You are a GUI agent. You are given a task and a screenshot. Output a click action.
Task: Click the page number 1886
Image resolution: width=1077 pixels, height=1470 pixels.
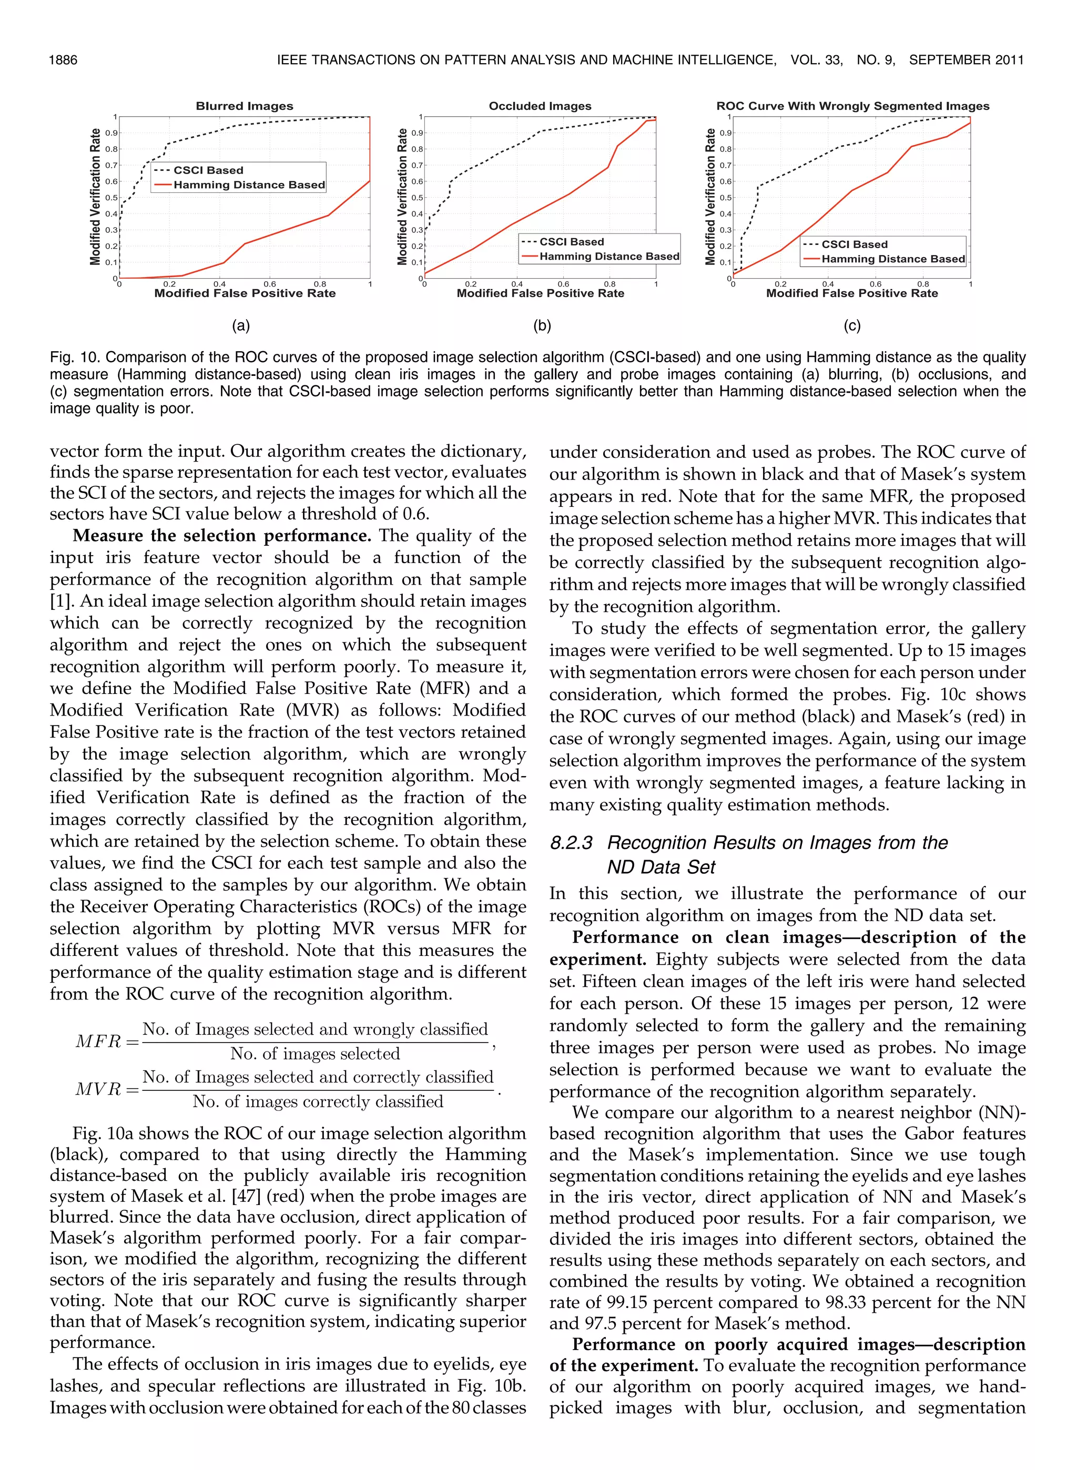(x=63, y=60)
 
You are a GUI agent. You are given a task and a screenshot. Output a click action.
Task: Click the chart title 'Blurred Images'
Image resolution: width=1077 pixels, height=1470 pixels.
(x=245, y=106)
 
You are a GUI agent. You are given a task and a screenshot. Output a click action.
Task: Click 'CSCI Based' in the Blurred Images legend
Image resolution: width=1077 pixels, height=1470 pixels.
(x=208, y=170)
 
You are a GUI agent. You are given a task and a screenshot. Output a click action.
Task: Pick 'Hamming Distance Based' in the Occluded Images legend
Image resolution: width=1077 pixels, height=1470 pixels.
(x=609, y=257)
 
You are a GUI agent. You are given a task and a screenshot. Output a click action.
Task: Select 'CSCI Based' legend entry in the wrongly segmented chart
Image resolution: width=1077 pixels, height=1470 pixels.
(x=854, y=244)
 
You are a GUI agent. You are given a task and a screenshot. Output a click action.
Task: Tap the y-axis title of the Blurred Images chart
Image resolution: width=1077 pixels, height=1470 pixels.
(x=96, y=197)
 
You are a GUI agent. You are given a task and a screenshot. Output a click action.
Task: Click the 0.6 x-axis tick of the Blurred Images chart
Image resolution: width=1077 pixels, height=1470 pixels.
(x=269, y=284)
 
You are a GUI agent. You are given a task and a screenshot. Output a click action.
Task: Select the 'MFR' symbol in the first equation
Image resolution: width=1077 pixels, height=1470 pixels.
(x=98, y=1041)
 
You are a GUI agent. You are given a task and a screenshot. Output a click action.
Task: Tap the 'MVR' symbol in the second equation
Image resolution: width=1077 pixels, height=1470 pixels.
(x=98, y=1089)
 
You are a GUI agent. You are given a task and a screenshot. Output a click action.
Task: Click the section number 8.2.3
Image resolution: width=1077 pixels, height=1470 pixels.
(x=571, y=843)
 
